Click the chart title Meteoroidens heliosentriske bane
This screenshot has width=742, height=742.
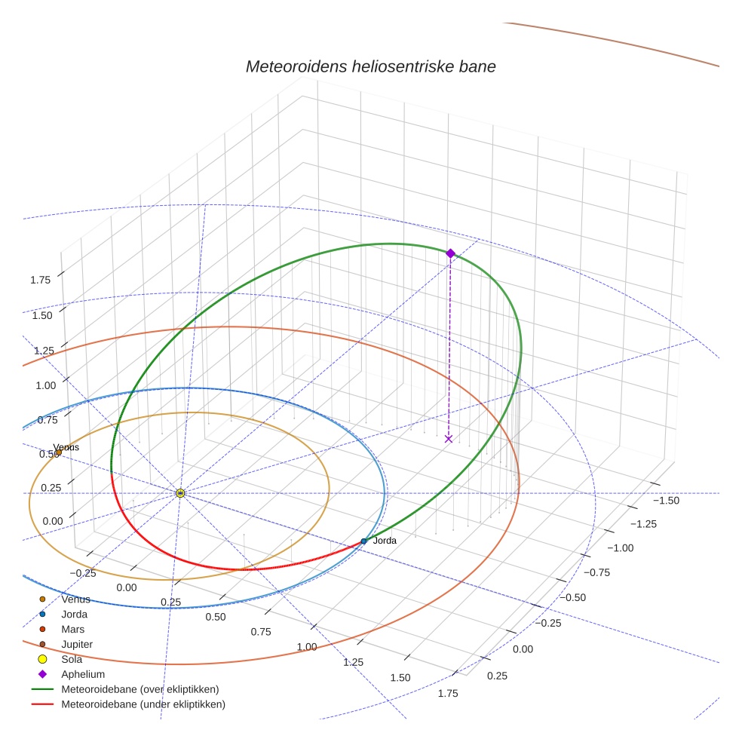(370, 66)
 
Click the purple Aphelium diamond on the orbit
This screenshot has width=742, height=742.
(450, 253)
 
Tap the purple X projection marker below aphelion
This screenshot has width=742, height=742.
(449, 438)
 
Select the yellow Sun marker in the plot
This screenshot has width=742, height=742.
(180, 493)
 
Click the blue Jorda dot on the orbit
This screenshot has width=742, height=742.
(363, 541)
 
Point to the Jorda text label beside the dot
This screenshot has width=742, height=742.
(385, 541)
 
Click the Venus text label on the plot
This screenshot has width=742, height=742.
(66, 447)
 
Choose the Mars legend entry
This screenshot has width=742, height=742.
(72, 629)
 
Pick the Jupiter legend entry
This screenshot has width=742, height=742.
(77, 644)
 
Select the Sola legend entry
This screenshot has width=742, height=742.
(72, 659)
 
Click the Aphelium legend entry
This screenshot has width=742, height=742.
(82, 674)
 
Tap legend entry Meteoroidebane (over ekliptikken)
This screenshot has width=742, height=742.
(140, 689)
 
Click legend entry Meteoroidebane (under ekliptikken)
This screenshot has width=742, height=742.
(143, 704)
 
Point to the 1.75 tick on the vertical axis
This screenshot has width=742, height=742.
(41, 280)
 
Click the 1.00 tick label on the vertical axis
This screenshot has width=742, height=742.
(47, 385)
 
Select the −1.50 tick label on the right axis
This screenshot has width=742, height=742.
(666, 501)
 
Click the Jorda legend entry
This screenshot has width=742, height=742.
(74, 614)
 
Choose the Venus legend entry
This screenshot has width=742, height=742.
(75, 599)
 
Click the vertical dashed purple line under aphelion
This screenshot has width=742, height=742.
(449, 347)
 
